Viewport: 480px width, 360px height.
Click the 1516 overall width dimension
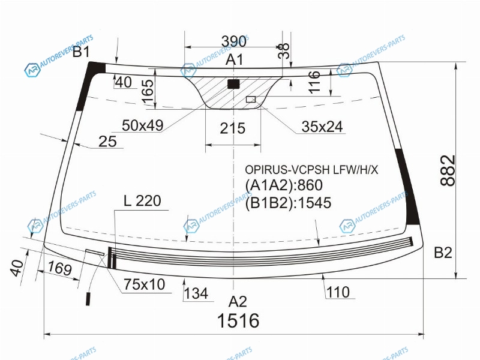click(238, 320)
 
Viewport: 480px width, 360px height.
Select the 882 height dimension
click(448, 170)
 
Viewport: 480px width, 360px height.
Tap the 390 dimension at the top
click(233, 41)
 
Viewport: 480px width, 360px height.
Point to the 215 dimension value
click(232, 128)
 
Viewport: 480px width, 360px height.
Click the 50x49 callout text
click(143, 125)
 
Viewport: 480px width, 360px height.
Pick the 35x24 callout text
click(322, 127)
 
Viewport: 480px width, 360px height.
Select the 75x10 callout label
click(145, 284)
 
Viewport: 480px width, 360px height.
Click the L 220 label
click(142, 201)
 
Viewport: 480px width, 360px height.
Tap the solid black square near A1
click(233, 84)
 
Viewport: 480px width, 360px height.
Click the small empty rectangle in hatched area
click(251, 99)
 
